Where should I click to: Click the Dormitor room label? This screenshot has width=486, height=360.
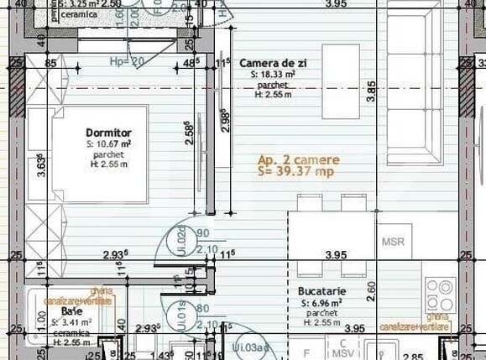pyautogui.click(x=108, y=133)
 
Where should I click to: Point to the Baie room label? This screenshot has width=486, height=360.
pyautogui.click(x=71, y=310)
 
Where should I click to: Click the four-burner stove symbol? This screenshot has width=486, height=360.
pyautogui.click(x=440, y=295)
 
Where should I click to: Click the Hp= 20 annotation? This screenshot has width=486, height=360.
pyautogui.click(x=127, y=61)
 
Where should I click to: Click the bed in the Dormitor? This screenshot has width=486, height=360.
pyautogui.click(x=92, y=154)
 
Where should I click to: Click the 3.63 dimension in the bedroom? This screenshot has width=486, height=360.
pyautogui.click(x=41, y=165)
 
